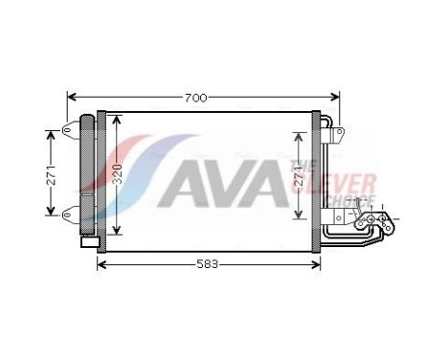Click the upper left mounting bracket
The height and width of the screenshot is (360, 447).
(x=70, y=131)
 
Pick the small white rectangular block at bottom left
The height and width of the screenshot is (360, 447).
(x=89, y=243)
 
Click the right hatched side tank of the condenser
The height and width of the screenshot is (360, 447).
(x=315, y=173)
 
